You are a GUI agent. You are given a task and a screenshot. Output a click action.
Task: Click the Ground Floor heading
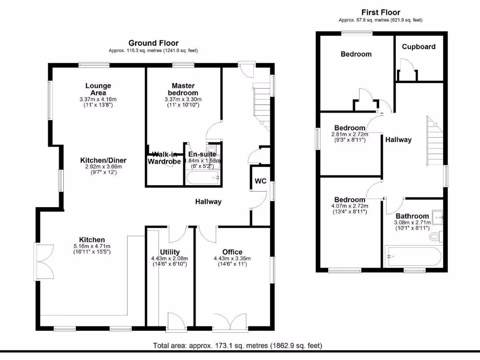[153, 43]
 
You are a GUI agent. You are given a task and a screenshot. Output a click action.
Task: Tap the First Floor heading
[381, 13]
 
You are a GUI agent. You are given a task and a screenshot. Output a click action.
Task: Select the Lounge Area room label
[98, 89]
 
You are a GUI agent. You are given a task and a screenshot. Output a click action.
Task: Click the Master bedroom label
[183, 89]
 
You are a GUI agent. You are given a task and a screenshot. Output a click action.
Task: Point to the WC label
[260, 181]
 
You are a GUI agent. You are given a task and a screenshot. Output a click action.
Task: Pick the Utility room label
[169, 252]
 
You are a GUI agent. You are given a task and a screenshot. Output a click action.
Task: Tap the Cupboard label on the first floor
[419, 47]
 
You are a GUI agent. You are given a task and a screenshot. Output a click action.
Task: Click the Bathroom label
[412, 216]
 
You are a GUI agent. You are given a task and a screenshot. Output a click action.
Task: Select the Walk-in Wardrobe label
[164, 158]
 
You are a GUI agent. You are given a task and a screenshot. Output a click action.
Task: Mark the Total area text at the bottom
[238, 346]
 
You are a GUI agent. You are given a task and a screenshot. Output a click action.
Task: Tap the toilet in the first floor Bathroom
[435, 236]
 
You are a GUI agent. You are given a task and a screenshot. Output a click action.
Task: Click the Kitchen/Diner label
[103, 160]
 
